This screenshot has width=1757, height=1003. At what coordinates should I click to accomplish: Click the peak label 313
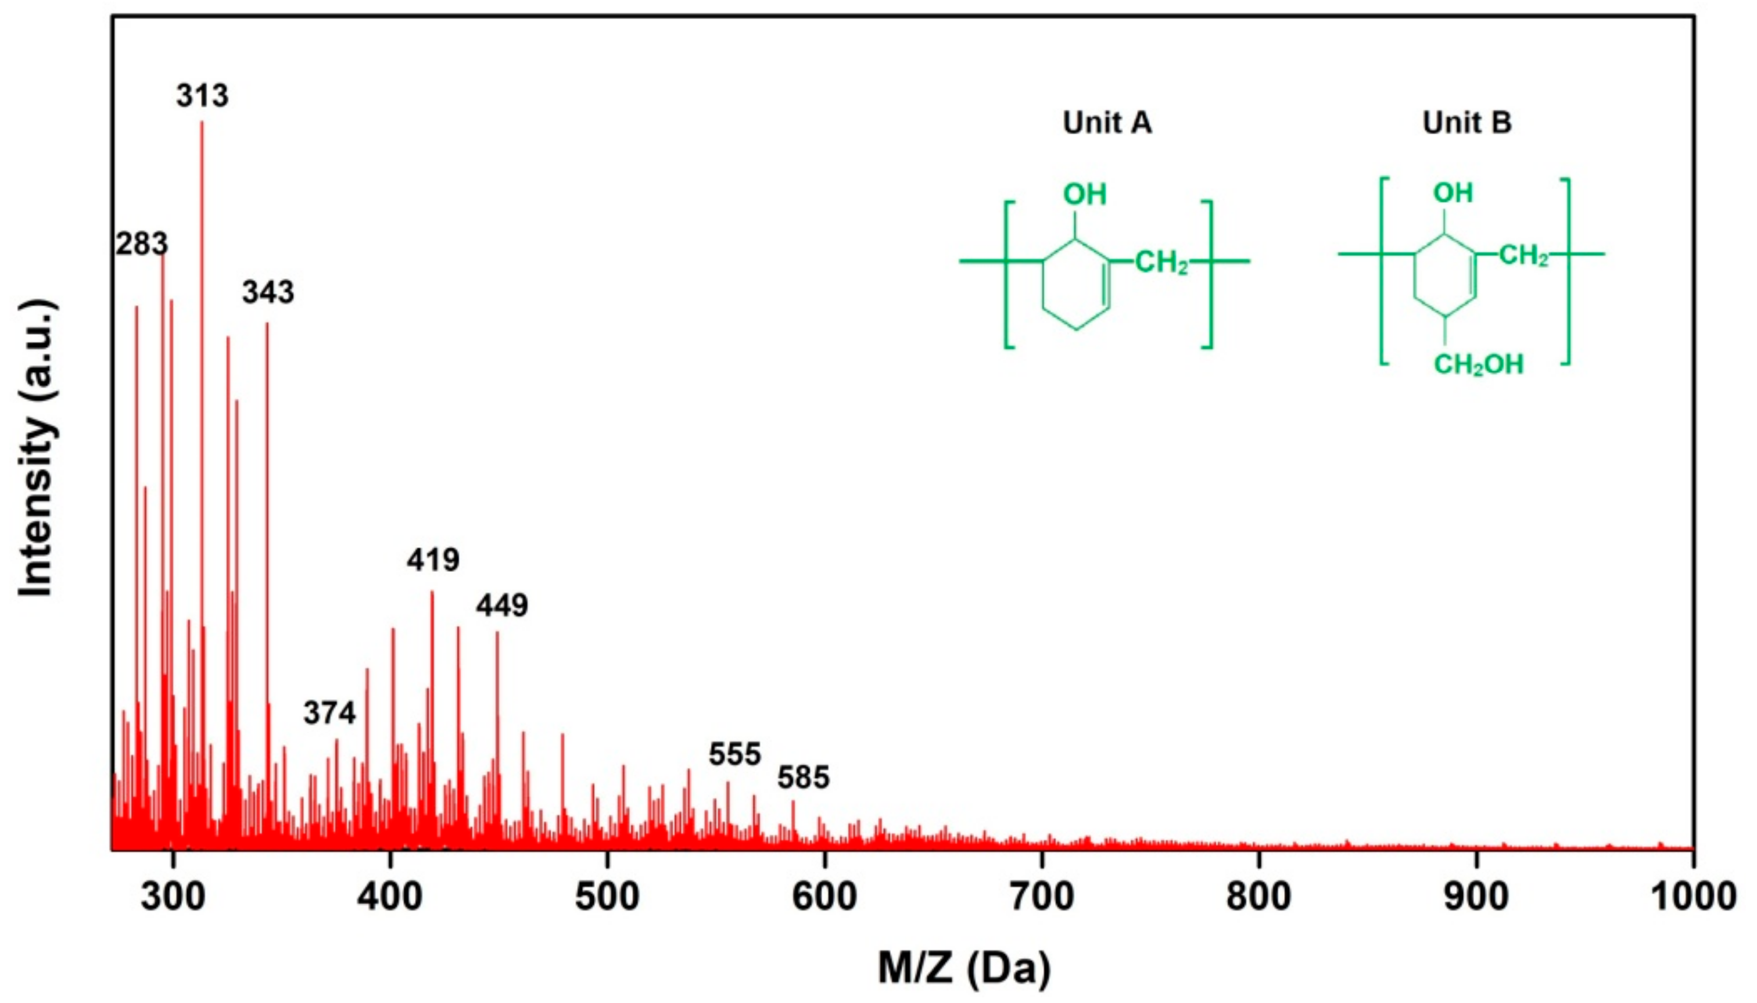coord(202,96)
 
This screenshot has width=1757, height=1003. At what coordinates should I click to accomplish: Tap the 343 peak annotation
coord(268,293)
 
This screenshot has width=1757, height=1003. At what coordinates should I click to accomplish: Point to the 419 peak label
coord(432,560)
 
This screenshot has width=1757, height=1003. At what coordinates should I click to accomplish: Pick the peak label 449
coord(502,606)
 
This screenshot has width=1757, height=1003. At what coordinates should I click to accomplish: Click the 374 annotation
coord(329,713)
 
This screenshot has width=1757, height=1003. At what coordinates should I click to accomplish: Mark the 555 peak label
coord(735,755)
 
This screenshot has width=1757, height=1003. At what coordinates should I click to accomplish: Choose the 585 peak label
coord(803,778)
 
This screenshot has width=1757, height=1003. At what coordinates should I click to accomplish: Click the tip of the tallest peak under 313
coord(202,122)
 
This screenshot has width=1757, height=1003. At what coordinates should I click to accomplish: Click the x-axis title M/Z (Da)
coord(964,968)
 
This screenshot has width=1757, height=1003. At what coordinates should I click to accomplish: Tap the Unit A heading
coord(1107,123)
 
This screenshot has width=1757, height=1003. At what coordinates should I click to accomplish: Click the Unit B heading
coord(1467,123)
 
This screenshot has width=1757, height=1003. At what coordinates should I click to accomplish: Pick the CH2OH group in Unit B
coord(1478,364)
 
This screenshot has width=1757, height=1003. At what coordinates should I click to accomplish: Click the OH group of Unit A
coord(1085,195)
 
